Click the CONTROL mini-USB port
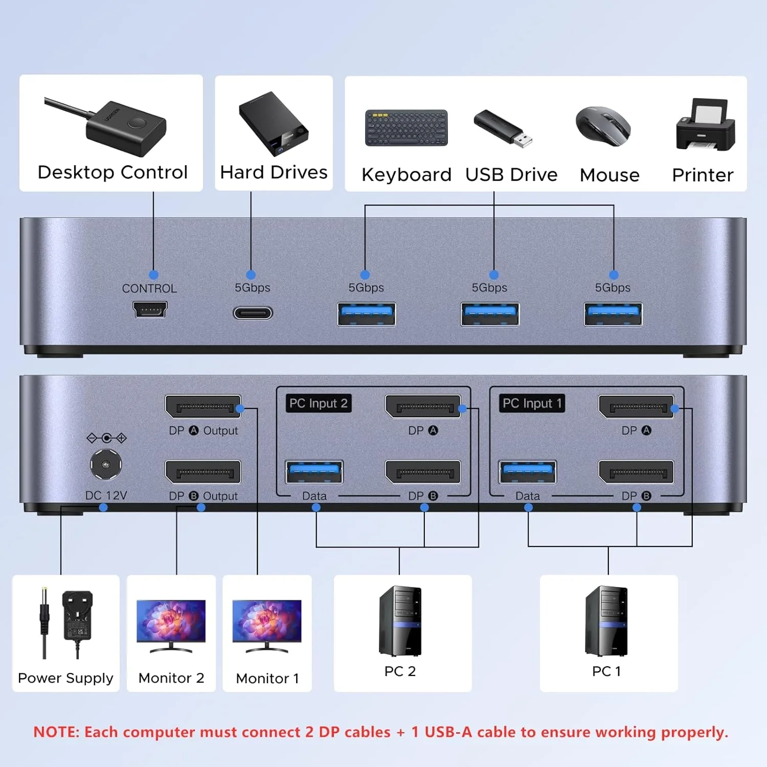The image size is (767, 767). pos(150,309)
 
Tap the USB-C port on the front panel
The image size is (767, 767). pos(253,312)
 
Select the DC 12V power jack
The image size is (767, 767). pos(106,464)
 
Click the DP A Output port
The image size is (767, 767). pos(203,407)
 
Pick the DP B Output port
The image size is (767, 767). pos(203,472)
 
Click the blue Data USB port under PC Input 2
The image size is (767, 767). pos(314,472)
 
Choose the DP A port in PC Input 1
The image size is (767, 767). pos(636,407)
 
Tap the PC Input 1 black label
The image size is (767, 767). pos(532,403)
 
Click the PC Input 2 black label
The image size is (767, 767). pos(319,403)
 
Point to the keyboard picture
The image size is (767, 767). pos(407,128)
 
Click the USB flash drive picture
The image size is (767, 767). pos(503,128)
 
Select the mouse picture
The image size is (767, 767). pos(603,126)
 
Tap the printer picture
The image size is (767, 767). pos(706,125)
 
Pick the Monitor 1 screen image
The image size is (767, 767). pos(267,621)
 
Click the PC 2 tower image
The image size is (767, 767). pos(400,621)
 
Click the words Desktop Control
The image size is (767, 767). pos(112,172)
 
